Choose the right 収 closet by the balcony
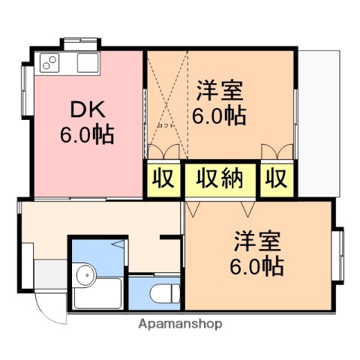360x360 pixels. tap(275, 180)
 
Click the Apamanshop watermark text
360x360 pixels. tap(180, 324)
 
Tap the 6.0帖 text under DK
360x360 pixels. tap(87, 135)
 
